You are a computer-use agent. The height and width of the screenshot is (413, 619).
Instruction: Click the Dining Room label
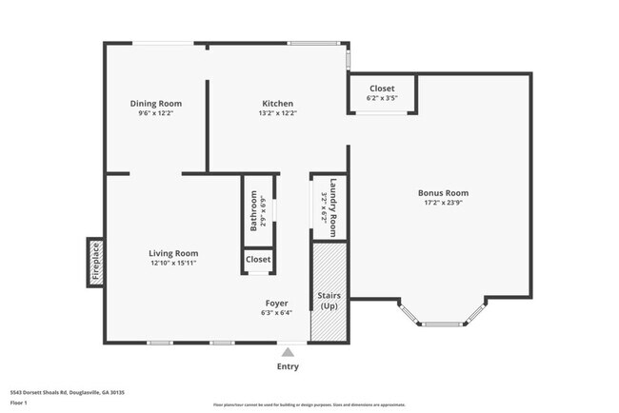point(156,104)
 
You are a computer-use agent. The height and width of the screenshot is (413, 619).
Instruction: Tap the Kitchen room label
point(278,104)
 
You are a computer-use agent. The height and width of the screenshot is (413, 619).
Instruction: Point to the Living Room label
point(173,253)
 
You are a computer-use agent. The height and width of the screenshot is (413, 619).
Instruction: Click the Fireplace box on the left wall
point(95,261)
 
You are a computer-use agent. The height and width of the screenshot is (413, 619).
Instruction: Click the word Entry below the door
point(288,366)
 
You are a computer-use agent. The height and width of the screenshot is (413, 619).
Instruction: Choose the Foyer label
point(277,303)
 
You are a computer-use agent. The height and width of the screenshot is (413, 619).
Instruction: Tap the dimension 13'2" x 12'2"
point(278,113)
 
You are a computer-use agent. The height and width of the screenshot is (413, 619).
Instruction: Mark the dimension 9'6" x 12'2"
point(156,113)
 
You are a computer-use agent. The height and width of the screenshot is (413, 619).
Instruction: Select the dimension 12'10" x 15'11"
point(173,263)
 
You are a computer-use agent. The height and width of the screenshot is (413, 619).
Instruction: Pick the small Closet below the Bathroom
point(258,260)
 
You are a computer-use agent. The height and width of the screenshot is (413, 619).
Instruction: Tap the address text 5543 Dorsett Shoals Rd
point(67,392)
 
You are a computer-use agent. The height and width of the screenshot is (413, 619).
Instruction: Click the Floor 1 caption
point(18,403)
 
